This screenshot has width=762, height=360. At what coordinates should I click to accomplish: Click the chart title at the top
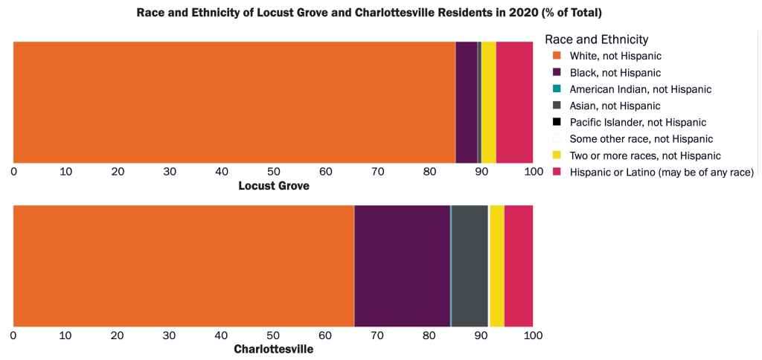369,13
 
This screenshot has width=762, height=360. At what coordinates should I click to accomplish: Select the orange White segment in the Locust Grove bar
234,102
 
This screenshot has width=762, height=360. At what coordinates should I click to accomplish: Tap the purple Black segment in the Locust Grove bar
466,102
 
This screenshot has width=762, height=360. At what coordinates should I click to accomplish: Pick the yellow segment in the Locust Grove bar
488,102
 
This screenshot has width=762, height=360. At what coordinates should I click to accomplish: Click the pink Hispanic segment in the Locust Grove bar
514,102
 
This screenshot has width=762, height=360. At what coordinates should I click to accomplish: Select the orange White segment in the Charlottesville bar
183,266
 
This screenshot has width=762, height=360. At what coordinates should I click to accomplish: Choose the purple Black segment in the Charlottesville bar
402,266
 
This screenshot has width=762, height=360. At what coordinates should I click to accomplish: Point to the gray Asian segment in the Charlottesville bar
469,266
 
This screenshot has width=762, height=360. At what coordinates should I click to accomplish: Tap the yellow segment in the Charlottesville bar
496,266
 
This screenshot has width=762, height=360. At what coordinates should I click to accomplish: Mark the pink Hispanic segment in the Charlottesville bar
519,266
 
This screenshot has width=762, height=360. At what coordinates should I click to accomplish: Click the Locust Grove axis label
273,186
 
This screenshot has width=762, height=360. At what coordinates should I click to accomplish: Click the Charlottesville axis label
273,350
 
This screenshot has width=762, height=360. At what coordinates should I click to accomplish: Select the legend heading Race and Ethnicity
596,39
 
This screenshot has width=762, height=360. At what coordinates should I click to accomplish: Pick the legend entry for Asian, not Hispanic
615,106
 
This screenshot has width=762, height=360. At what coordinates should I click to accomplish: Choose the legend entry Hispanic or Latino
662,173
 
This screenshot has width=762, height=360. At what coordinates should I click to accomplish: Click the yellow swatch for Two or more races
556,155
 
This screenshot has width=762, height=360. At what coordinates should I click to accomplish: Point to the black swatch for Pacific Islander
556,122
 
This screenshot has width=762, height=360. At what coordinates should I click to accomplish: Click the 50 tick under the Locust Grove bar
273,172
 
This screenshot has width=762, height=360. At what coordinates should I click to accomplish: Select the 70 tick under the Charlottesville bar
377,335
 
